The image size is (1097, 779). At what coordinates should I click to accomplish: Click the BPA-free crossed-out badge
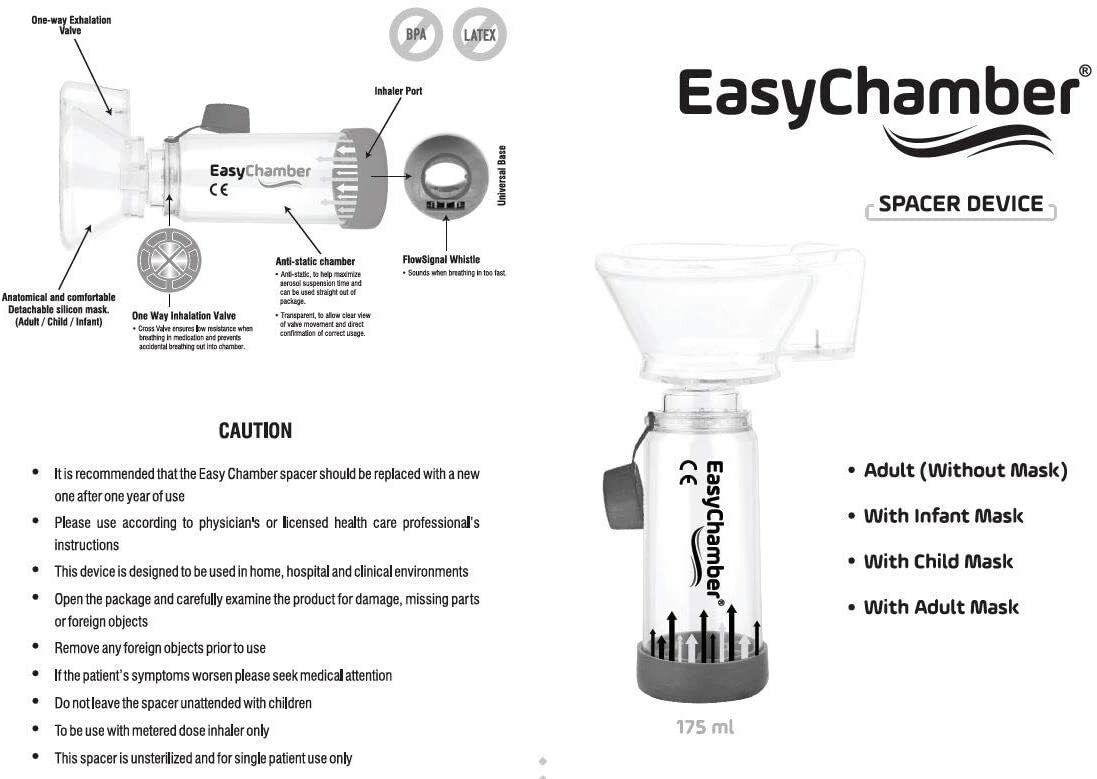click(x=416, y=36)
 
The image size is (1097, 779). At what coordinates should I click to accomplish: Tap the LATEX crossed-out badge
click(x=480, y=36)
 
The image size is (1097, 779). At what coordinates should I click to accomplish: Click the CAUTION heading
click(x=256, y=431)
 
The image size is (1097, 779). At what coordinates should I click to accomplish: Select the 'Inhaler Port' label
click(x=398, y=91)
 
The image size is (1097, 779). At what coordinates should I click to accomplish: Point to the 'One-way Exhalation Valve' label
click(x=71, y=25)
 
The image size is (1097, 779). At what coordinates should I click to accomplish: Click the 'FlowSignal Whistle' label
click(x=441, y=260)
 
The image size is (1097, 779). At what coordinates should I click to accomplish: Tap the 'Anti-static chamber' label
click(x=315, y=262)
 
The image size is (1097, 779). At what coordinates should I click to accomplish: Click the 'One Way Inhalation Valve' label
click(x=184, y=316)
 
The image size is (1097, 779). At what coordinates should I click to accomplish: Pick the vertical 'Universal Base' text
click(x=502, y=176)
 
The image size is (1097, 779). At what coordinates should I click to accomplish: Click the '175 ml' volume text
click(x=705, y=727)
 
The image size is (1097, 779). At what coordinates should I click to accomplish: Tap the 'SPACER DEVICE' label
click(x=960, y=205)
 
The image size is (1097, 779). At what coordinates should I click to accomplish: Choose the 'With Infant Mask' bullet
click(x=943, y=516)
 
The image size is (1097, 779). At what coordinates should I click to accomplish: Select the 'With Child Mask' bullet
click(x=938, y=561)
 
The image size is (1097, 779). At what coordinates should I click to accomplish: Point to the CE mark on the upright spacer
click(x=688, y=472)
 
